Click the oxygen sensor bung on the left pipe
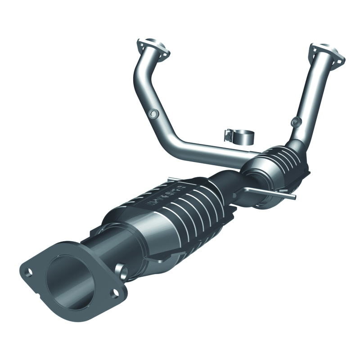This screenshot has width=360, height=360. pos(153,113)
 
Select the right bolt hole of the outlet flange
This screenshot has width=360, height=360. pos(116,293)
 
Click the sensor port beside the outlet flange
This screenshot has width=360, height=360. pos(121,270)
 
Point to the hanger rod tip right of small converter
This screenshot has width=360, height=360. pos(293,198)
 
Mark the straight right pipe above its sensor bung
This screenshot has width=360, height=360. pos(310,90)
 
